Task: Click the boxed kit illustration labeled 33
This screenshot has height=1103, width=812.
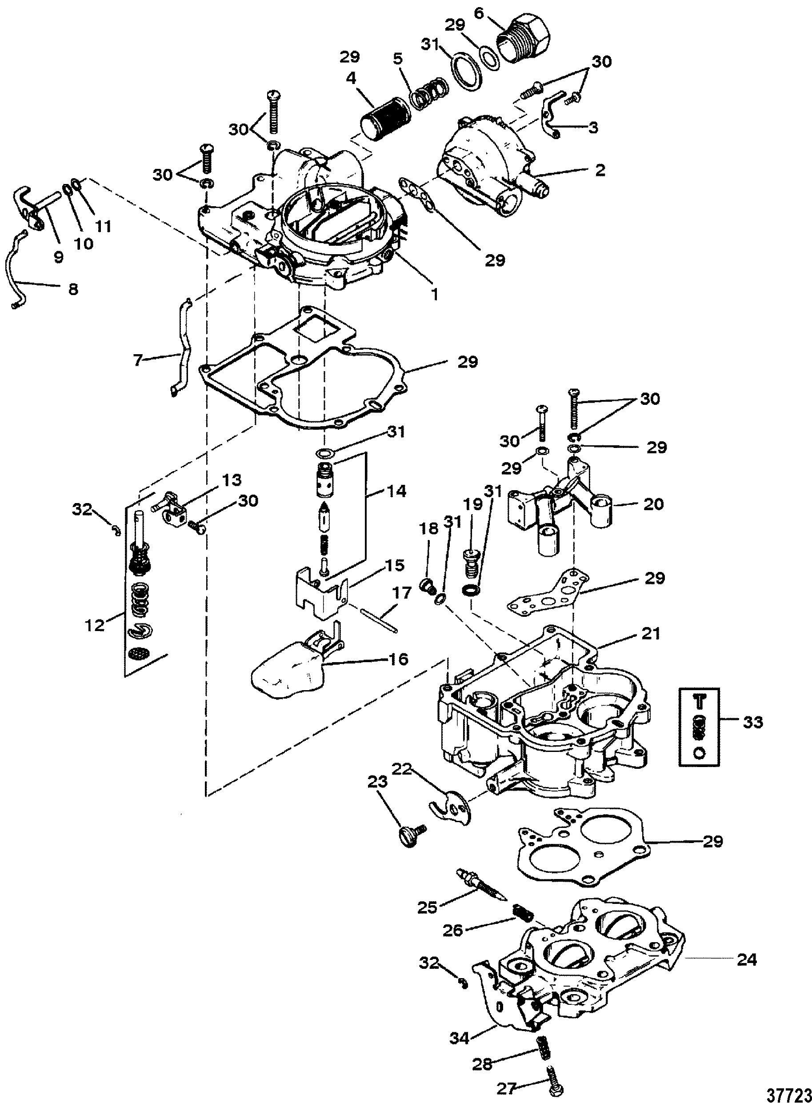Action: point(699,727)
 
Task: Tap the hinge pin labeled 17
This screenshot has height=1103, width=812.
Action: point(379,621)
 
